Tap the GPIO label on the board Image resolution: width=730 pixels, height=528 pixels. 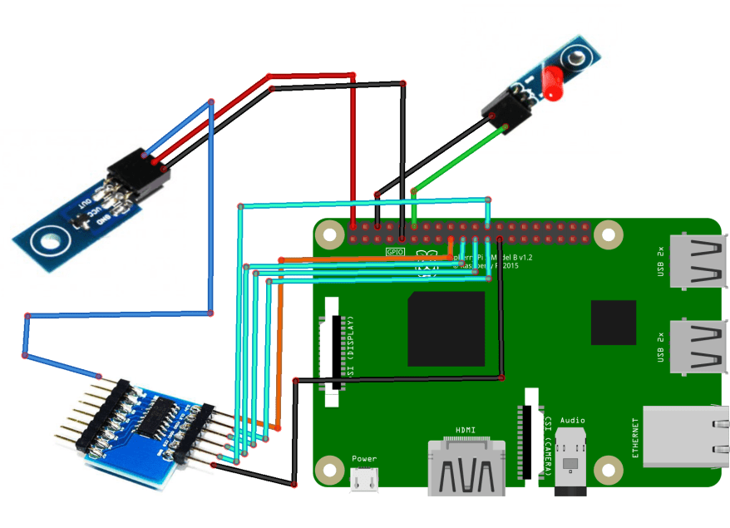(x=395, y=250)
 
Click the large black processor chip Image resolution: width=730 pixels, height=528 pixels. (x=446, y=328)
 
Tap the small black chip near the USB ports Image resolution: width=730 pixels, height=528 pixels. (x=614, y=323)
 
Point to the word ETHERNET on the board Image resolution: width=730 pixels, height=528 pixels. (x=636, y=432)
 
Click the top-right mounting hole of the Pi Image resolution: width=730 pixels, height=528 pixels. (x=609, y=234)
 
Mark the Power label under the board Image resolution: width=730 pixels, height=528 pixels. (x=364, y=458)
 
